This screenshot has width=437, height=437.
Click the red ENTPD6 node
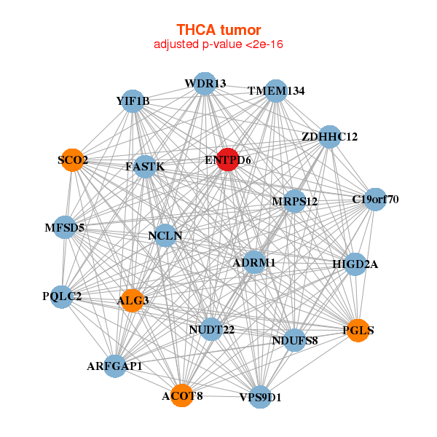coord(228,160)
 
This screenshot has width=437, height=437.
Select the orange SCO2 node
coord(73,160)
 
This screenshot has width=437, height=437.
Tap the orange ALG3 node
coord(131,300)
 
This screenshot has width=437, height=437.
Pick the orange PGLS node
coord(358,331)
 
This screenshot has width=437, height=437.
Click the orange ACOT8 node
coord(182,395)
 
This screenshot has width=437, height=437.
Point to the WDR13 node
coord(205,84)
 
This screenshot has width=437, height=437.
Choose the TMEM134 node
coord(276,91)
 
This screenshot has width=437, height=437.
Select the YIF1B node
coord(133,101)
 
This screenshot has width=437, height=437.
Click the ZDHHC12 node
coord(329,137)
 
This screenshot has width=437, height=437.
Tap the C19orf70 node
coord(374,200)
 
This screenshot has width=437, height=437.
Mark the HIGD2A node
coord(355,264)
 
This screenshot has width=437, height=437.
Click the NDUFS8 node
coord(294,339)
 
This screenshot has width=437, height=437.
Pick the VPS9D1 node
coord(260,398)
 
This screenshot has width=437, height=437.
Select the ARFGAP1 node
coord(115,366)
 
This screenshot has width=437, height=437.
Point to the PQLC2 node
coord(63,296)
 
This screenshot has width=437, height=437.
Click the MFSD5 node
coord(66,228)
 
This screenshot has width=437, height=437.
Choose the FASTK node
coord(145,167)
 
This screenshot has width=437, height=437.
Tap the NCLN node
coord(165,235)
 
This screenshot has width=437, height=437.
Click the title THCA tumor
coord(219,30)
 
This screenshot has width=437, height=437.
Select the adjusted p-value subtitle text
coord(219,44)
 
